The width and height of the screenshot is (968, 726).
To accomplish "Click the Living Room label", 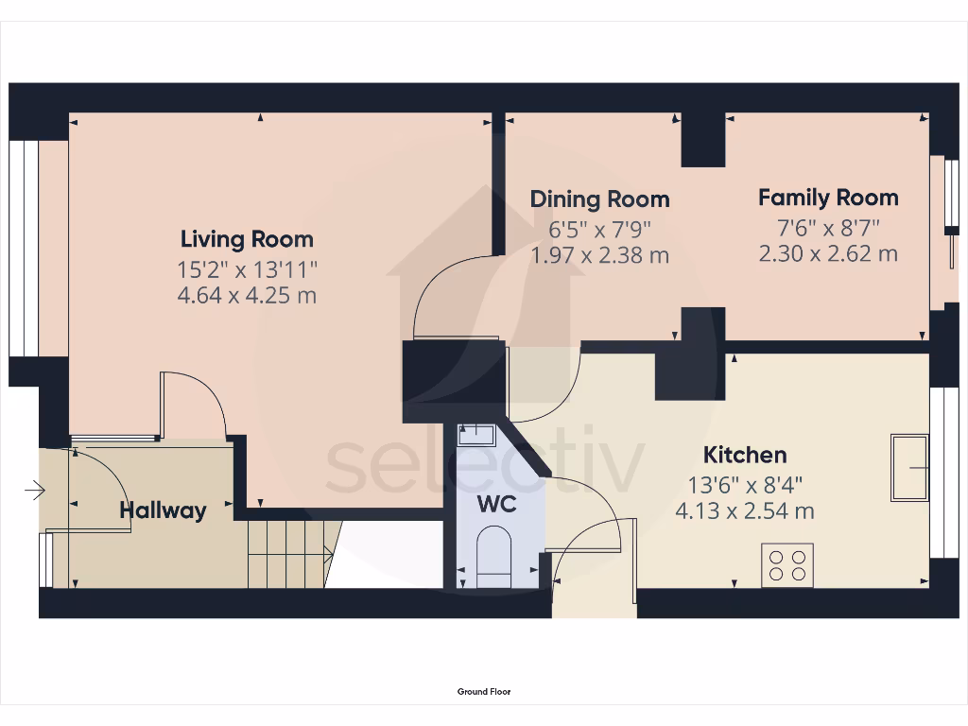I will [x=247, y=239].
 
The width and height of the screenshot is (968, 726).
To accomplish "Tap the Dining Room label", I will [x=599, y=199].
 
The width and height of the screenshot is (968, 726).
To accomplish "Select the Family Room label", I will [x=828, y=198].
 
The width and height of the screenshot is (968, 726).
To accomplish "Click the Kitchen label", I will [x=745, y=456].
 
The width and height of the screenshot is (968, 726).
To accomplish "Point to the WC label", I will [x=496, y=504].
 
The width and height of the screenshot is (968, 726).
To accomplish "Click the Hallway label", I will [x=163, y=511].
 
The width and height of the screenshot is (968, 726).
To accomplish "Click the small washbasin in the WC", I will [x=475, y=435].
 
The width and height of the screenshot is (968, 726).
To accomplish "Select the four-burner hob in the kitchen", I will [x=787, y=565].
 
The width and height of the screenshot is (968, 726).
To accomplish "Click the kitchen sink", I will [x=909, y=467].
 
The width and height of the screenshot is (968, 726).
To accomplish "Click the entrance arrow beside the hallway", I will [x=34, y=490].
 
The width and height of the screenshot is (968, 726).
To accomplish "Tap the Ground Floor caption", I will [x=484, y=692].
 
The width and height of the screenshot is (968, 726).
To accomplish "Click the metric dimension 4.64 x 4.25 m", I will [x=247, y=295].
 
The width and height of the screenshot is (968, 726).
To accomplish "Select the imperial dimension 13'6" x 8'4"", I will [x=745, y=487].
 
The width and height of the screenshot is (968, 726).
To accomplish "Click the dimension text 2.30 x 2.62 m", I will [x=828, y=253].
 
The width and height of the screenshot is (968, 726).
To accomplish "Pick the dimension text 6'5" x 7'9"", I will [x=599, y=230].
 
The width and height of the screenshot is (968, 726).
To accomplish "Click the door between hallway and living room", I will [x=194, y=406].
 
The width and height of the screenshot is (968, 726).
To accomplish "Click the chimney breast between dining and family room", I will [x=702, y=139].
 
